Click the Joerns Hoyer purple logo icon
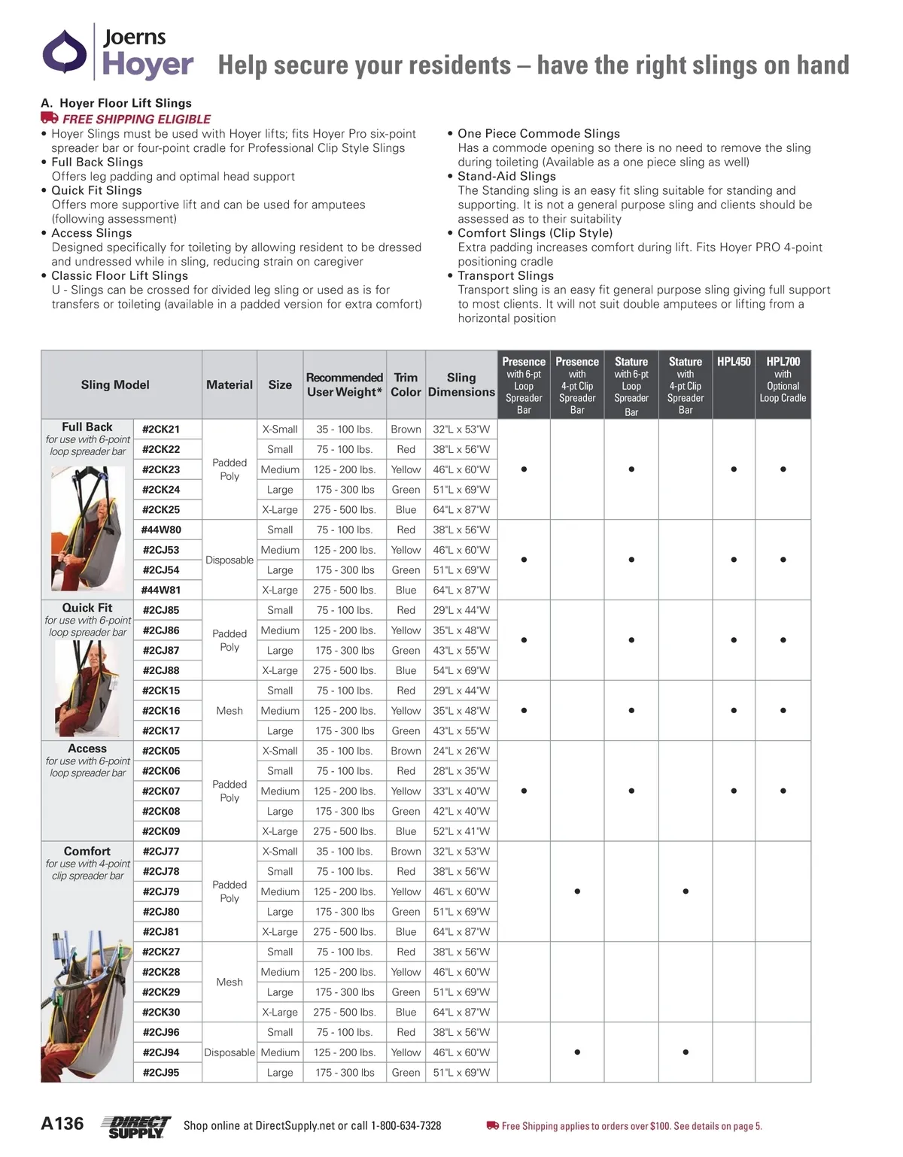point(65,52)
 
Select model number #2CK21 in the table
point(161,430)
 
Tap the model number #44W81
point(161,591)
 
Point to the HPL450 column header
point(734,362)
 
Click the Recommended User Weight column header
point(345,384)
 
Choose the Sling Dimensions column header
point(461,384)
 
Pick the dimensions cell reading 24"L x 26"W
point(461,751)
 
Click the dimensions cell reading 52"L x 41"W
point(461,831)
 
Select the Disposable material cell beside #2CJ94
point(230,1052)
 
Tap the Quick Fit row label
point(87,608)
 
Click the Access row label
point(87,749)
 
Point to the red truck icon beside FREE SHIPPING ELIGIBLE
point(50,118)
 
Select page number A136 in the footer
point(62,1124)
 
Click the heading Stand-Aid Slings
point(506,176)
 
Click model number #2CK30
point(161,1013)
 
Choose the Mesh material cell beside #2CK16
point(230,711)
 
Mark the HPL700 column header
point(783,362)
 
